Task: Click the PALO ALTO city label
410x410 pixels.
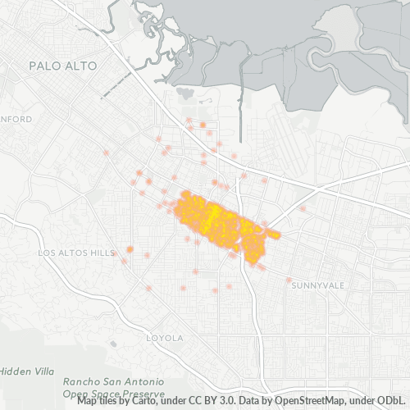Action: pyautogui.click(x=62, y=65)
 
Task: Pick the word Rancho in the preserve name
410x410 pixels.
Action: pyautogui.click(x=80, y=382)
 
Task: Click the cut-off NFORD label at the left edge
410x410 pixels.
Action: pyautogui.click(x=16, y=120)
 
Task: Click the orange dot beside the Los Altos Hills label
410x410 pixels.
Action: pyautogui.click(x=130, y=248)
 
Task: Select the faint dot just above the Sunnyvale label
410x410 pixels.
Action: pyautogui.click(x=289, y=280)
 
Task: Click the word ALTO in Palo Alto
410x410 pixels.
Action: pyautogui.click(x=81, y=65)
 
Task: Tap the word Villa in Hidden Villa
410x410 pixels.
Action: pyautogui.click(x=41, y=371)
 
